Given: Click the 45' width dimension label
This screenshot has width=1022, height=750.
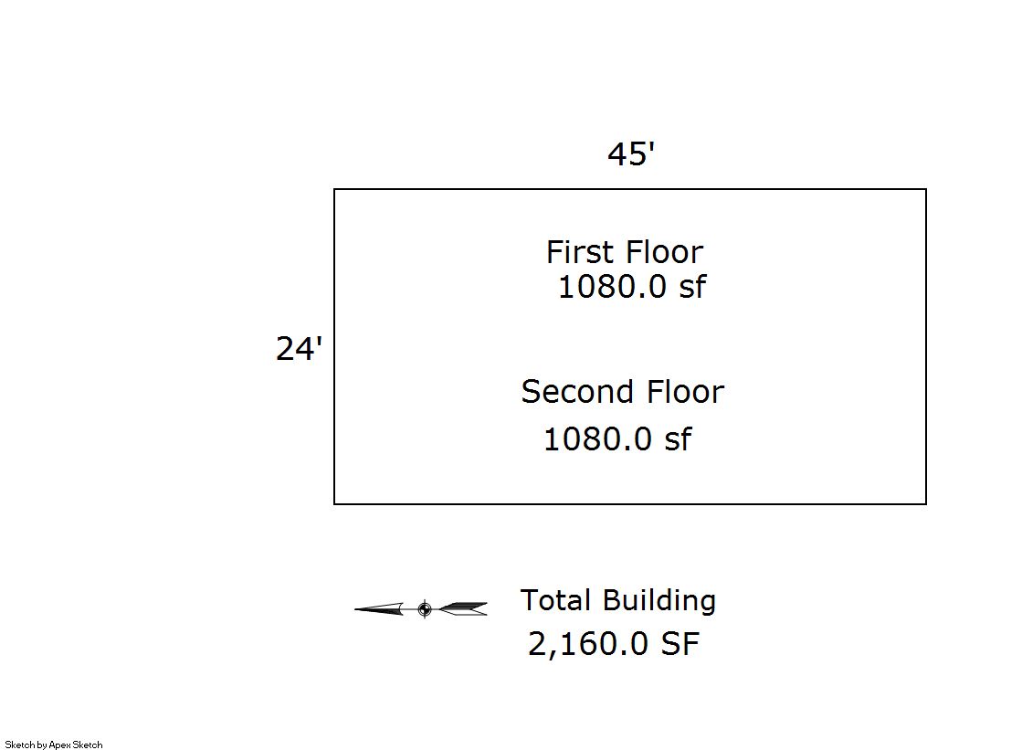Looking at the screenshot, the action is [631, 153].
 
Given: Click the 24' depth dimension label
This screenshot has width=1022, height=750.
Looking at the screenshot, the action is [300, 348].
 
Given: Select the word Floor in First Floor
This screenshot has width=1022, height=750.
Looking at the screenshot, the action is [663, 252].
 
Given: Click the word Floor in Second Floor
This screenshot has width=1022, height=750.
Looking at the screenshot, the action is [685, 391].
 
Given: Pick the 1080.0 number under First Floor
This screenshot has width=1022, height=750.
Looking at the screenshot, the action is [613, 286].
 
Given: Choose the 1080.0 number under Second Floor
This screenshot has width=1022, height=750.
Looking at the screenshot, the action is [597, 438].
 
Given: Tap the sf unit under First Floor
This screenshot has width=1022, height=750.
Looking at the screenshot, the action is [693, 286].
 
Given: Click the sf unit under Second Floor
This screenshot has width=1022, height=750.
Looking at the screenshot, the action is [678, 438].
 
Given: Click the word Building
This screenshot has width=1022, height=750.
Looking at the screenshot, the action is [659, 601].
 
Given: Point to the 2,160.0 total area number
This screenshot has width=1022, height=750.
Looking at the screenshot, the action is [588, 644].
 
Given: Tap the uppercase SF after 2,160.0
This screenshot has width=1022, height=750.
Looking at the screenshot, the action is [680, 644].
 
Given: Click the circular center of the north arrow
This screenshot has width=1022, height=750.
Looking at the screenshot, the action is [425, 609].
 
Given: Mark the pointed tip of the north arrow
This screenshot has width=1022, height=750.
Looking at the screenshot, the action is [355, 609].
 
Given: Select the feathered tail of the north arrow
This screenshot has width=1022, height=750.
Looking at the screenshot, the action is [463, 609].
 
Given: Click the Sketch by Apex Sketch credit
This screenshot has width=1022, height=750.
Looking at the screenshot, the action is [54, 745].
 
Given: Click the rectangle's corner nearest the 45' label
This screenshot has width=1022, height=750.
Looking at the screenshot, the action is [926, 189].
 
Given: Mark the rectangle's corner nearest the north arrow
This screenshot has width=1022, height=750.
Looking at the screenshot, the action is [334, 504].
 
